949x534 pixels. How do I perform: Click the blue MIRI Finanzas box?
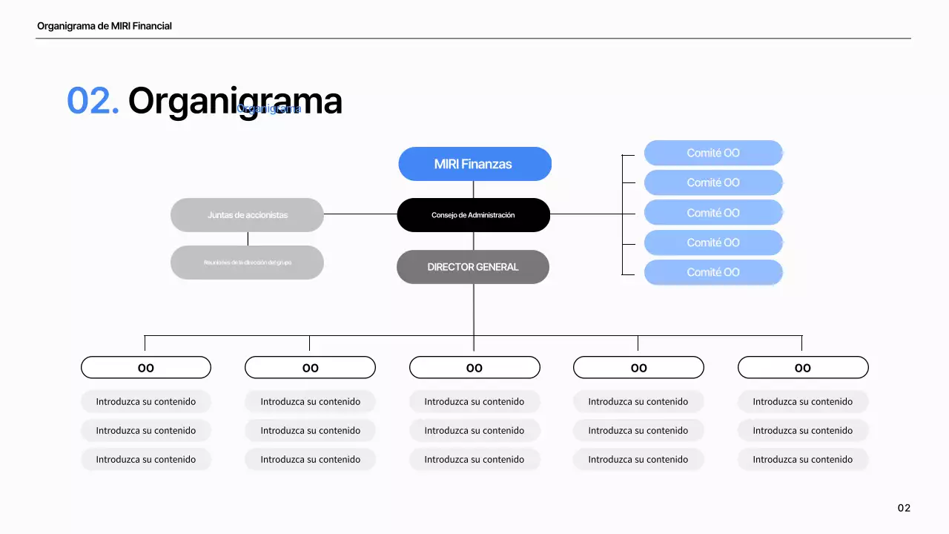tap(474, 164)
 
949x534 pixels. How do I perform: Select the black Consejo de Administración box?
tap(473, 215)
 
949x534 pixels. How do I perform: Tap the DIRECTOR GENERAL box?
tap(473, 267)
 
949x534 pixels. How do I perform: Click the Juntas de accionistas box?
tap(247, 215)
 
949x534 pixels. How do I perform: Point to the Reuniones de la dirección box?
tap(247, 263)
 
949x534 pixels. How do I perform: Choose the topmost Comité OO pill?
tap(713, 153)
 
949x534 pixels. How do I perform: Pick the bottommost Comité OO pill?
tap(713, 272)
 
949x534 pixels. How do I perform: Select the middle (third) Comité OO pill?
tap(713, 213)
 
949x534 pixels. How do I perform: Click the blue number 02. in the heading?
tap(93, 101)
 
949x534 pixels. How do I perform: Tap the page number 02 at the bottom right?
tap(904, 508)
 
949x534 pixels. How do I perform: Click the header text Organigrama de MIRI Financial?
tap(105, 26)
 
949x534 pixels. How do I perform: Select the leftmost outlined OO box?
tap(146, 368)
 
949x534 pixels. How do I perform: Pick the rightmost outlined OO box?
tap(803, 368)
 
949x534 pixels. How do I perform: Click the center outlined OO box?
tap(474, 368)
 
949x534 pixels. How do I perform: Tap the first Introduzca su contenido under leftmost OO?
tap(146, 401)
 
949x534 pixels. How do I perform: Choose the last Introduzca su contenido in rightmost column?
tap(803, 459)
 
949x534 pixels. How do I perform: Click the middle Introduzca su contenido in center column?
tap(474, 430)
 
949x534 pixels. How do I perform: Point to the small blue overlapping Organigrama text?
tap(268, 109)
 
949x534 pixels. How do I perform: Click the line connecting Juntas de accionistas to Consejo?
tap(360, 214)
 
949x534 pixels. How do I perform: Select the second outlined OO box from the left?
tap(310, 368)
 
